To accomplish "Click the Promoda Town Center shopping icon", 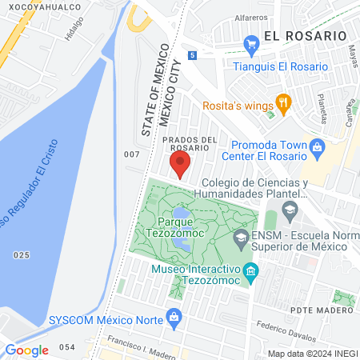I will (x=318, y=146).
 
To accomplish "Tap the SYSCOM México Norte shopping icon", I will (x=174, y=318).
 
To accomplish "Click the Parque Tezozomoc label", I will (x=178, y=220).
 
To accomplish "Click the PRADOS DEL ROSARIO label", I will (x=190, y=144).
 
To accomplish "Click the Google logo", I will (x=27, y=350).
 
